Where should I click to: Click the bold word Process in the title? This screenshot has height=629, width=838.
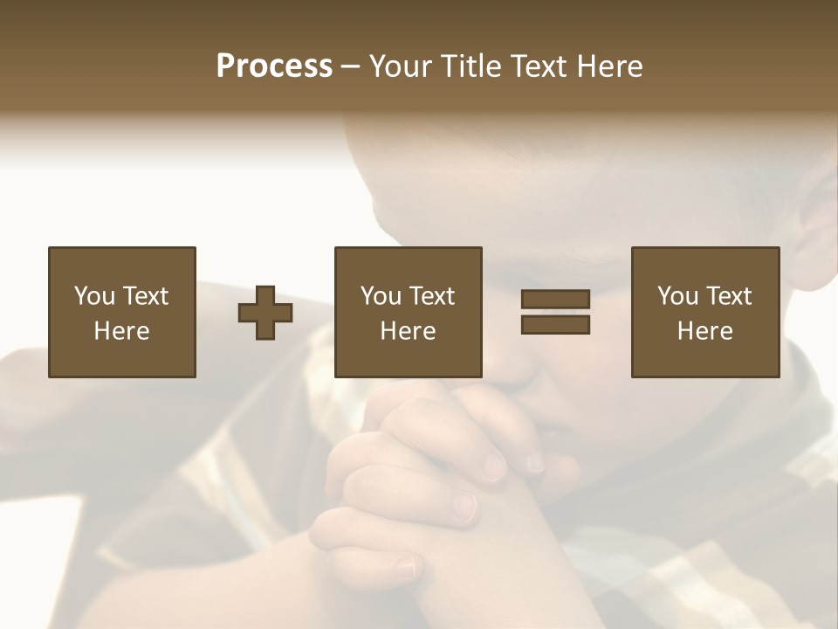tap(274, 66)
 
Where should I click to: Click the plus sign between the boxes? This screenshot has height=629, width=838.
tap(265, 313)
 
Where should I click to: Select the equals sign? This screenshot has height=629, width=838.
tap(555, 312)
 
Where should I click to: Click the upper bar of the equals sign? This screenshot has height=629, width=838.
tap(555, 300)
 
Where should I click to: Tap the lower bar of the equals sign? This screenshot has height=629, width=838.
tap(555, 324)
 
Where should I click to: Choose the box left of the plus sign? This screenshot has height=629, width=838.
tap(121, 312)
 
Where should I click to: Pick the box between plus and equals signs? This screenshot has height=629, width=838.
tap(408, 312)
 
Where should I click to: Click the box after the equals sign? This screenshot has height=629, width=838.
tap(704, 312)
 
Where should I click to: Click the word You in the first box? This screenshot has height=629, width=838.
tap(94, 296)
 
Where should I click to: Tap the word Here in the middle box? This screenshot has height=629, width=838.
tap(408, 331)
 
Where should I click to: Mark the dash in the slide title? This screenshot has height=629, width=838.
tap(350, 67)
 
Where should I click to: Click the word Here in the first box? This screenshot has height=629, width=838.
tap(121, 331)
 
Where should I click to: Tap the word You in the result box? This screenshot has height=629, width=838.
tap(677, 296)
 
